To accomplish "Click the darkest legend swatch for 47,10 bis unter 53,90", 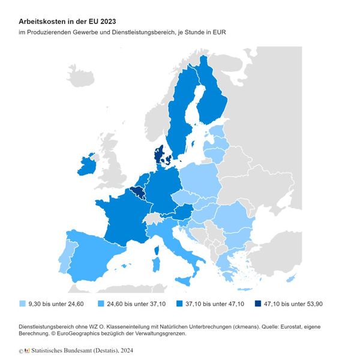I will (x=257, y=304).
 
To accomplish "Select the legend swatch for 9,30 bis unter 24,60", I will (x=22, y=304).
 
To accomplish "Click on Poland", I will (x=198, y=180).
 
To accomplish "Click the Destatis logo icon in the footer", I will (x=26, y=350).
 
